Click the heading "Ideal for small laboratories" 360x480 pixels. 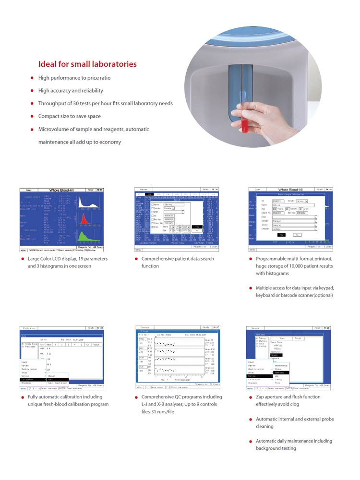[87, 64]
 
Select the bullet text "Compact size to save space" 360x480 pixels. [70, 116]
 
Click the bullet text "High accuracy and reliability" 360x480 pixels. [71, 90]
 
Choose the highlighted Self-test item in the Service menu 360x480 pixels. [279, 359]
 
